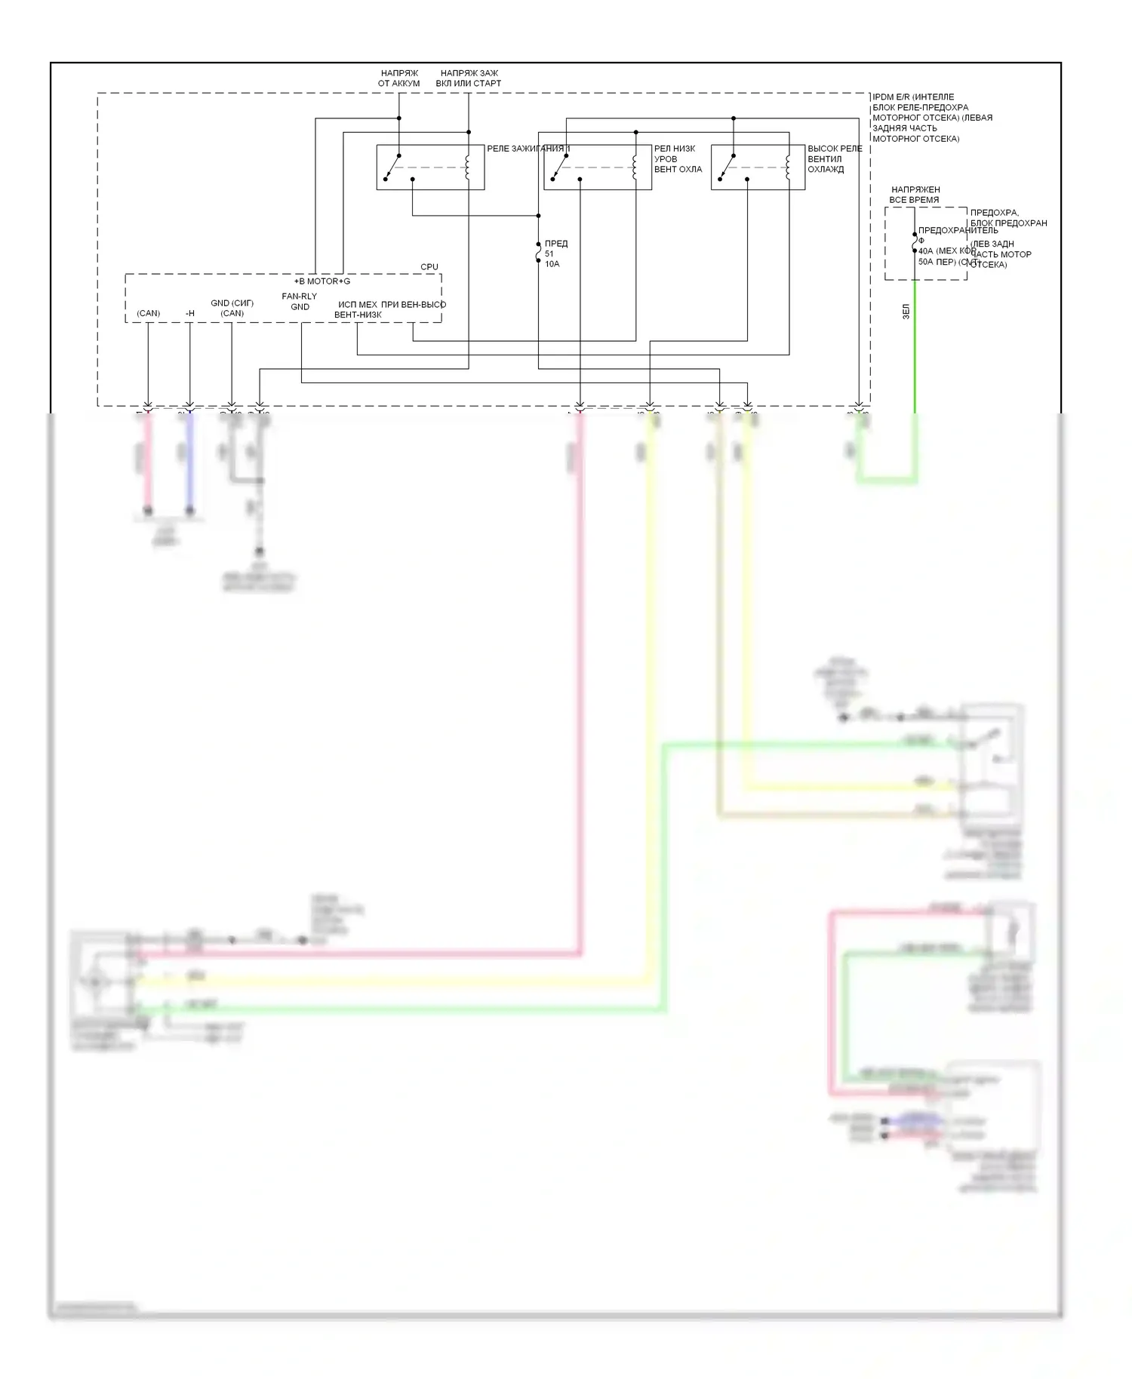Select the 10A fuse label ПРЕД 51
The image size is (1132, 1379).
[555, 253]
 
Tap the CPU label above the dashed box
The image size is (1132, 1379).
[429, 267]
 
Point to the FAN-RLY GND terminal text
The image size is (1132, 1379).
[300, 302]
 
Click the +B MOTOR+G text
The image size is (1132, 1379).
[322, 281]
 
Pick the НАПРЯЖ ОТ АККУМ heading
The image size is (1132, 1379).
[398, 78]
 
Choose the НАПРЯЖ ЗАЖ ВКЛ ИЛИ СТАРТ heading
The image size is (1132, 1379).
[469, 78]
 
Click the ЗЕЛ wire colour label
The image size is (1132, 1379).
[906, 312]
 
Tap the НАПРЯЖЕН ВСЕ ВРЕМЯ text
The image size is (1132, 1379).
[915, 195]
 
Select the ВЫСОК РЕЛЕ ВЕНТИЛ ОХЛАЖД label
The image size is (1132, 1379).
[835, 159]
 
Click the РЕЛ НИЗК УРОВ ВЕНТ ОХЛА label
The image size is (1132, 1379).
[678, 159]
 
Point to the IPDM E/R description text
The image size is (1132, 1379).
[932, 118]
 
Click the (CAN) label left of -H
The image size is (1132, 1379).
[149, 313]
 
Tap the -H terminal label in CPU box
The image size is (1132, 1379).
[189, 313]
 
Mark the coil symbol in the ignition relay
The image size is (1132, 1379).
[468, 167]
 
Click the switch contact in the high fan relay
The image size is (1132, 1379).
[727, 167]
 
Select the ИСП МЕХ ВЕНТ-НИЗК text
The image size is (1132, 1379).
[358, 309]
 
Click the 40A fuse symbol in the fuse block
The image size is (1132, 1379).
[915, 242]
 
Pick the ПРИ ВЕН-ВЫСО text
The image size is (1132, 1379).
[414, 305]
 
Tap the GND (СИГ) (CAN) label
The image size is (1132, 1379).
[232, 308]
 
